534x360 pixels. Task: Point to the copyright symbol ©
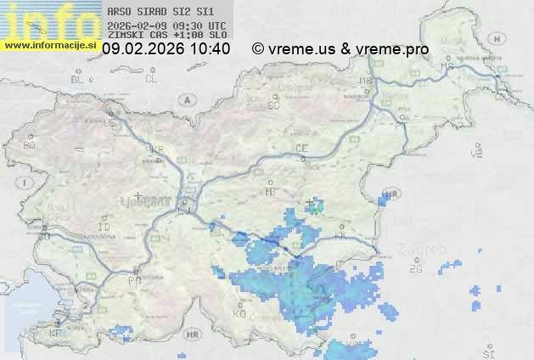(x=258, y=49)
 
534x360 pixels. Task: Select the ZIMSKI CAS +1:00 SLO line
(x=167, y=36)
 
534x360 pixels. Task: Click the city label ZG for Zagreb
(x=415, y=269)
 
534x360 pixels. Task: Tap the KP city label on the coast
(x=55, y=334)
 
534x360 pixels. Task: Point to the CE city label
(x=301, y=149)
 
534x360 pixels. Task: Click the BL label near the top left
(x=77, y=79)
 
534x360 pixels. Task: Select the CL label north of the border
(x=152, y=79)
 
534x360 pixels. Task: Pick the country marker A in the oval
(x=184, y=98)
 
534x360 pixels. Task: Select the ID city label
(x=104, y=228)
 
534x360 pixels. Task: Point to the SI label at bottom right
(x=487, y=352)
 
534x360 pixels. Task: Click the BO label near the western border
(x=30, y=145)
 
